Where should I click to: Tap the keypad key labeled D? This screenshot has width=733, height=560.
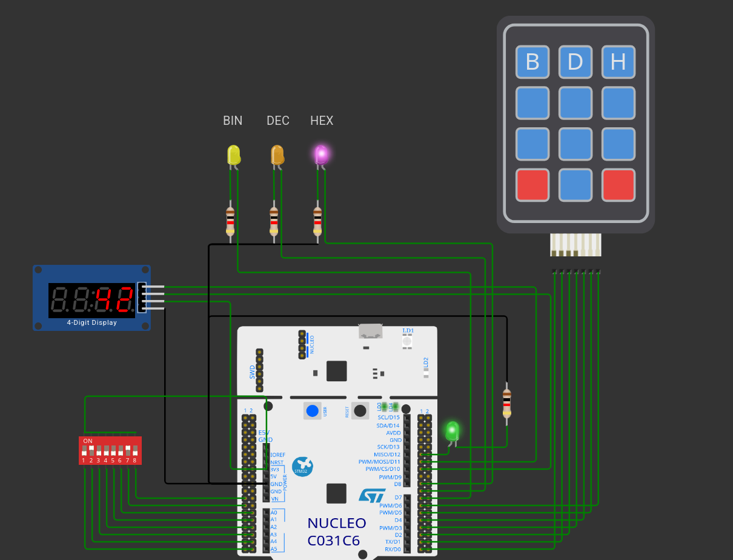(x=575, y=62)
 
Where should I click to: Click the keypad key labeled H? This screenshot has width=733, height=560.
(x=618, y=62)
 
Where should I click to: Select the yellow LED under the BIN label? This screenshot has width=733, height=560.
(x=233, y=155)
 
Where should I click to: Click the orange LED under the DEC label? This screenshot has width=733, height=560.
(x=277, y=155)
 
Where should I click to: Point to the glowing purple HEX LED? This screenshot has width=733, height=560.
(x=321, y=155)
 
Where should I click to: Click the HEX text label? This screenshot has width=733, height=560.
(x=322, y=121)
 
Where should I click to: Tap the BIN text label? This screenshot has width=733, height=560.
(x=233, y=121)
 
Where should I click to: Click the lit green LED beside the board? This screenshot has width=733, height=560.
(x=452, y=431)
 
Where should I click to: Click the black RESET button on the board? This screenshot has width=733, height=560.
(x=360, y=410)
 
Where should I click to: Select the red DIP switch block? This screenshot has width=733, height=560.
(x=110, y=450)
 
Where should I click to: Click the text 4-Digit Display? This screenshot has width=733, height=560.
(x=92, y=323)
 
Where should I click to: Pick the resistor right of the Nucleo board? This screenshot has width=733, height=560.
(x=506, y=404)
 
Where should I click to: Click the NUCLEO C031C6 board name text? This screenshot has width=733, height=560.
(x=336, y=532)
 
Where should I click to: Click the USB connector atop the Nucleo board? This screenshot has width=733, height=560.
(x=371, y=331)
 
